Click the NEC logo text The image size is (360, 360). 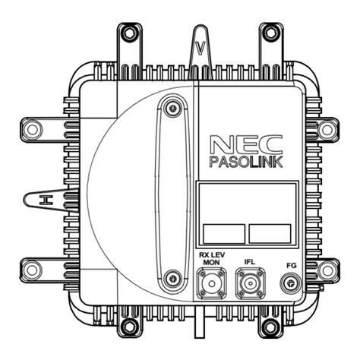(246, 144)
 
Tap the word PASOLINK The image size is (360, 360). (246, 162)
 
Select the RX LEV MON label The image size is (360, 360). (212, 258)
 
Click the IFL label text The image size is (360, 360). (250, 261)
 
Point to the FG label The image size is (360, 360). (292, 266)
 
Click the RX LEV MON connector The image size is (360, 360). (212, 283)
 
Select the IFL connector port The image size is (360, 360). (251, 283)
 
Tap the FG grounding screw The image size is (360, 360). (291, 283)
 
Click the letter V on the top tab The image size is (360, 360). (201, 48)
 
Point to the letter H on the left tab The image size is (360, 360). (46, 200)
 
